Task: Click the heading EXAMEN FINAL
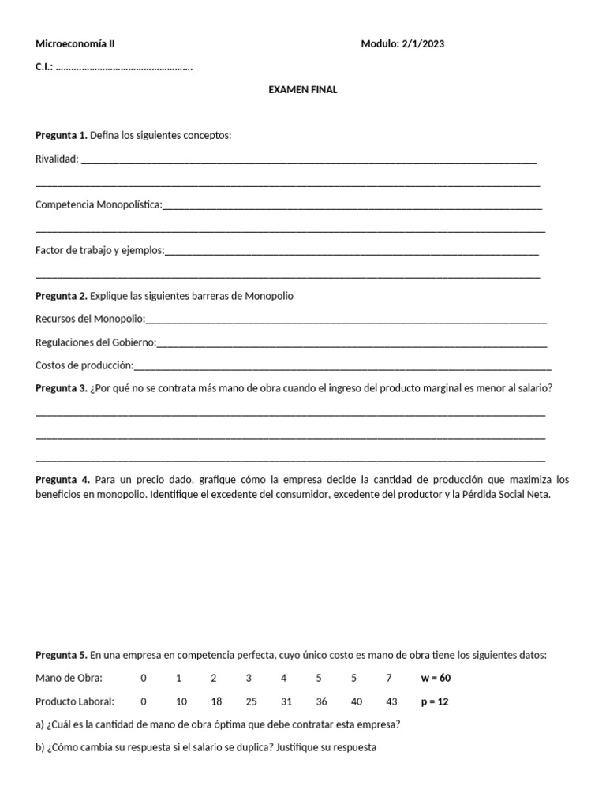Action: tap(303, 90)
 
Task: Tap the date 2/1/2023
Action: tap(424, 44)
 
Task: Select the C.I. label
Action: tap(44, 67)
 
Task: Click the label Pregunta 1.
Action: tap(62, 136)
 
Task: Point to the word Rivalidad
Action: tap(57, 159)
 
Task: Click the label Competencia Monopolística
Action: tap(98, 204)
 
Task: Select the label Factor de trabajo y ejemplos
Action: tap(99, 250)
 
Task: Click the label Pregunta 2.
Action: tap(62, 296)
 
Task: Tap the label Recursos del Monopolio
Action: tap(90, 319)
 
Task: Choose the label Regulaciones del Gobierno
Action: tap(95, 342)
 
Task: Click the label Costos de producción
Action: tap(84, 365)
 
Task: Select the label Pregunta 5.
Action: tap(62, 655)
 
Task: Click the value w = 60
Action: tap(436, 678)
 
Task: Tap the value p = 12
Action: tap(435, 701)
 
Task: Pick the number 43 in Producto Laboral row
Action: tap(388, 701)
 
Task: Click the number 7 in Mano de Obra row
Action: tap(388, 678)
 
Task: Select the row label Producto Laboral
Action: tap(75, 701)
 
